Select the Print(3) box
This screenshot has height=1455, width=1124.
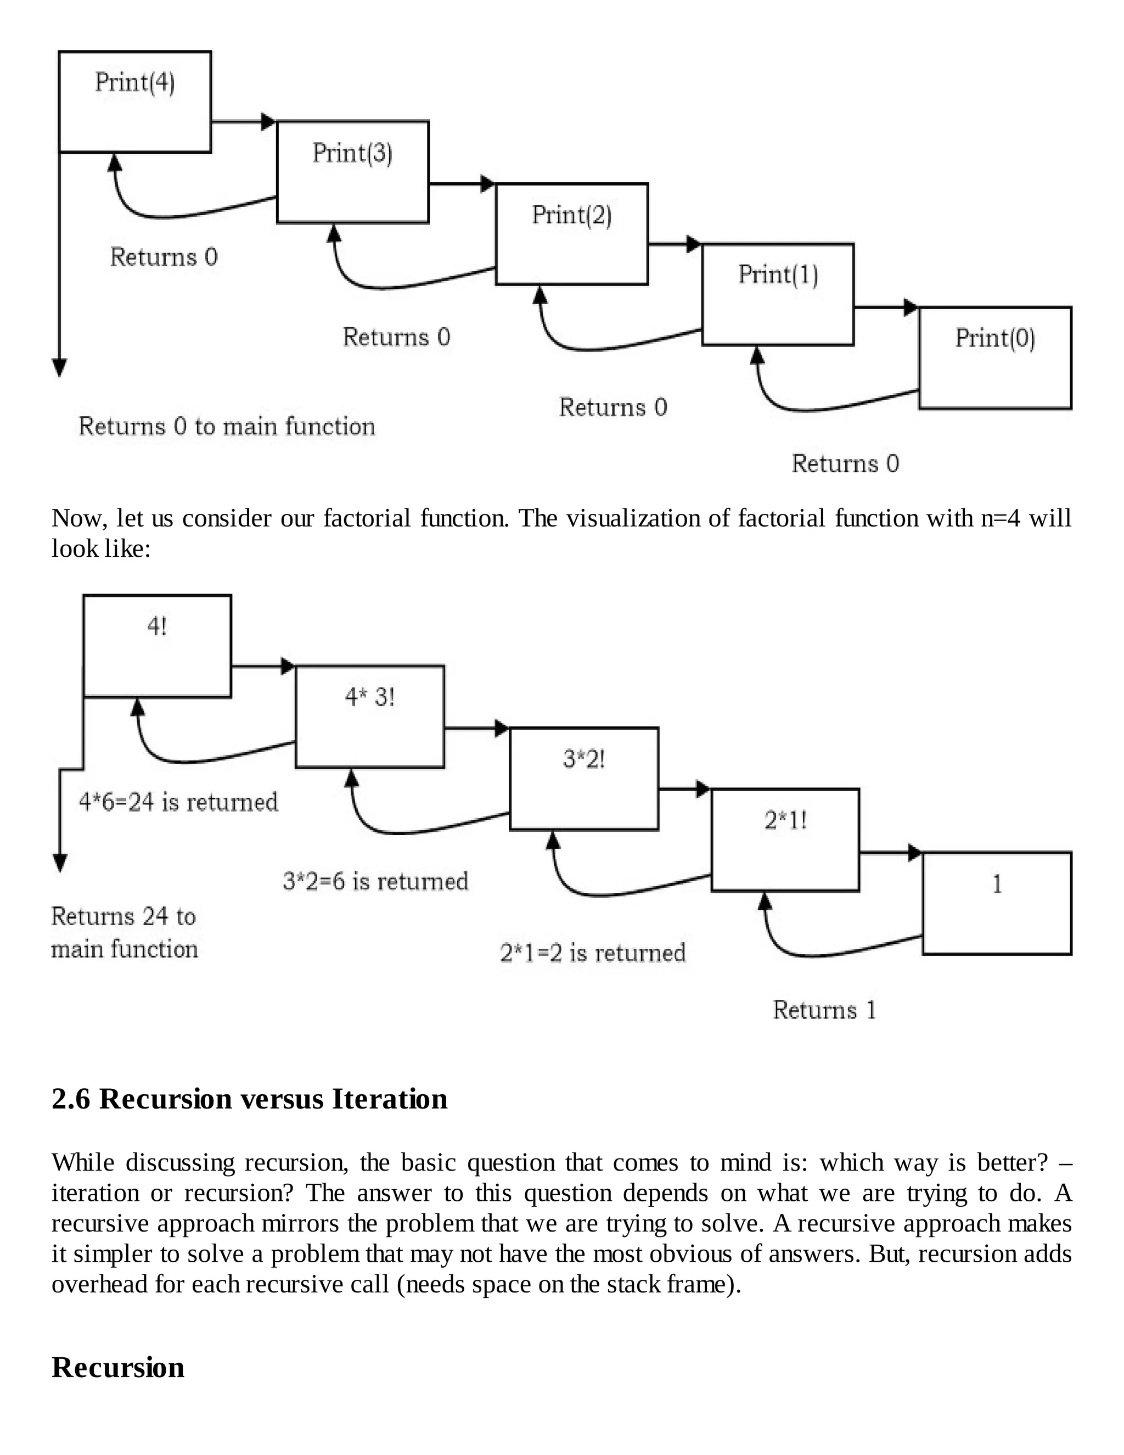(x=352, y=171)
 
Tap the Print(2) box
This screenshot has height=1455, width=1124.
(x=571, y=233)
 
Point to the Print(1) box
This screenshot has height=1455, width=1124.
(x=778, y=294)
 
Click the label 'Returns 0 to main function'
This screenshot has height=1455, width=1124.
(x=227, y=427)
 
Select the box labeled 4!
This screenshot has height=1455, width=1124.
(x=157, y=646)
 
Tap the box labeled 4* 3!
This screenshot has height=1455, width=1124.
(x=369, y=716)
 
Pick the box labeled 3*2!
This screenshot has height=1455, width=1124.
(x=584, y=778)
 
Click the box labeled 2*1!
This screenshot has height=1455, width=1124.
(x=785, y=840)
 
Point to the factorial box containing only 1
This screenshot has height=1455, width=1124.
(x=997, y=903)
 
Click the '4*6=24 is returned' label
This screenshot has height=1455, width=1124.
(x=178, y=802)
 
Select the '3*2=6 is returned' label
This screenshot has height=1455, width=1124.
(x=375, y=881)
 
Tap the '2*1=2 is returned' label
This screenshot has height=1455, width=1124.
(x=593, y=953)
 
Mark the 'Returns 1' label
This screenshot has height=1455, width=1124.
(x=824, y=1010)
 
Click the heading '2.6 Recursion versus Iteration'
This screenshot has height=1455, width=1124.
(x=250, y=1099)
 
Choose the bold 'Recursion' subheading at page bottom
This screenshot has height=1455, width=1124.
(x=118, y=1367)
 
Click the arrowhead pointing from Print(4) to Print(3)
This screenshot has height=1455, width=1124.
(x=268, y=121)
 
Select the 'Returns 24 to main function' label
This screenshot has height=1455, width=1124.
(x=125, y=932)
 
